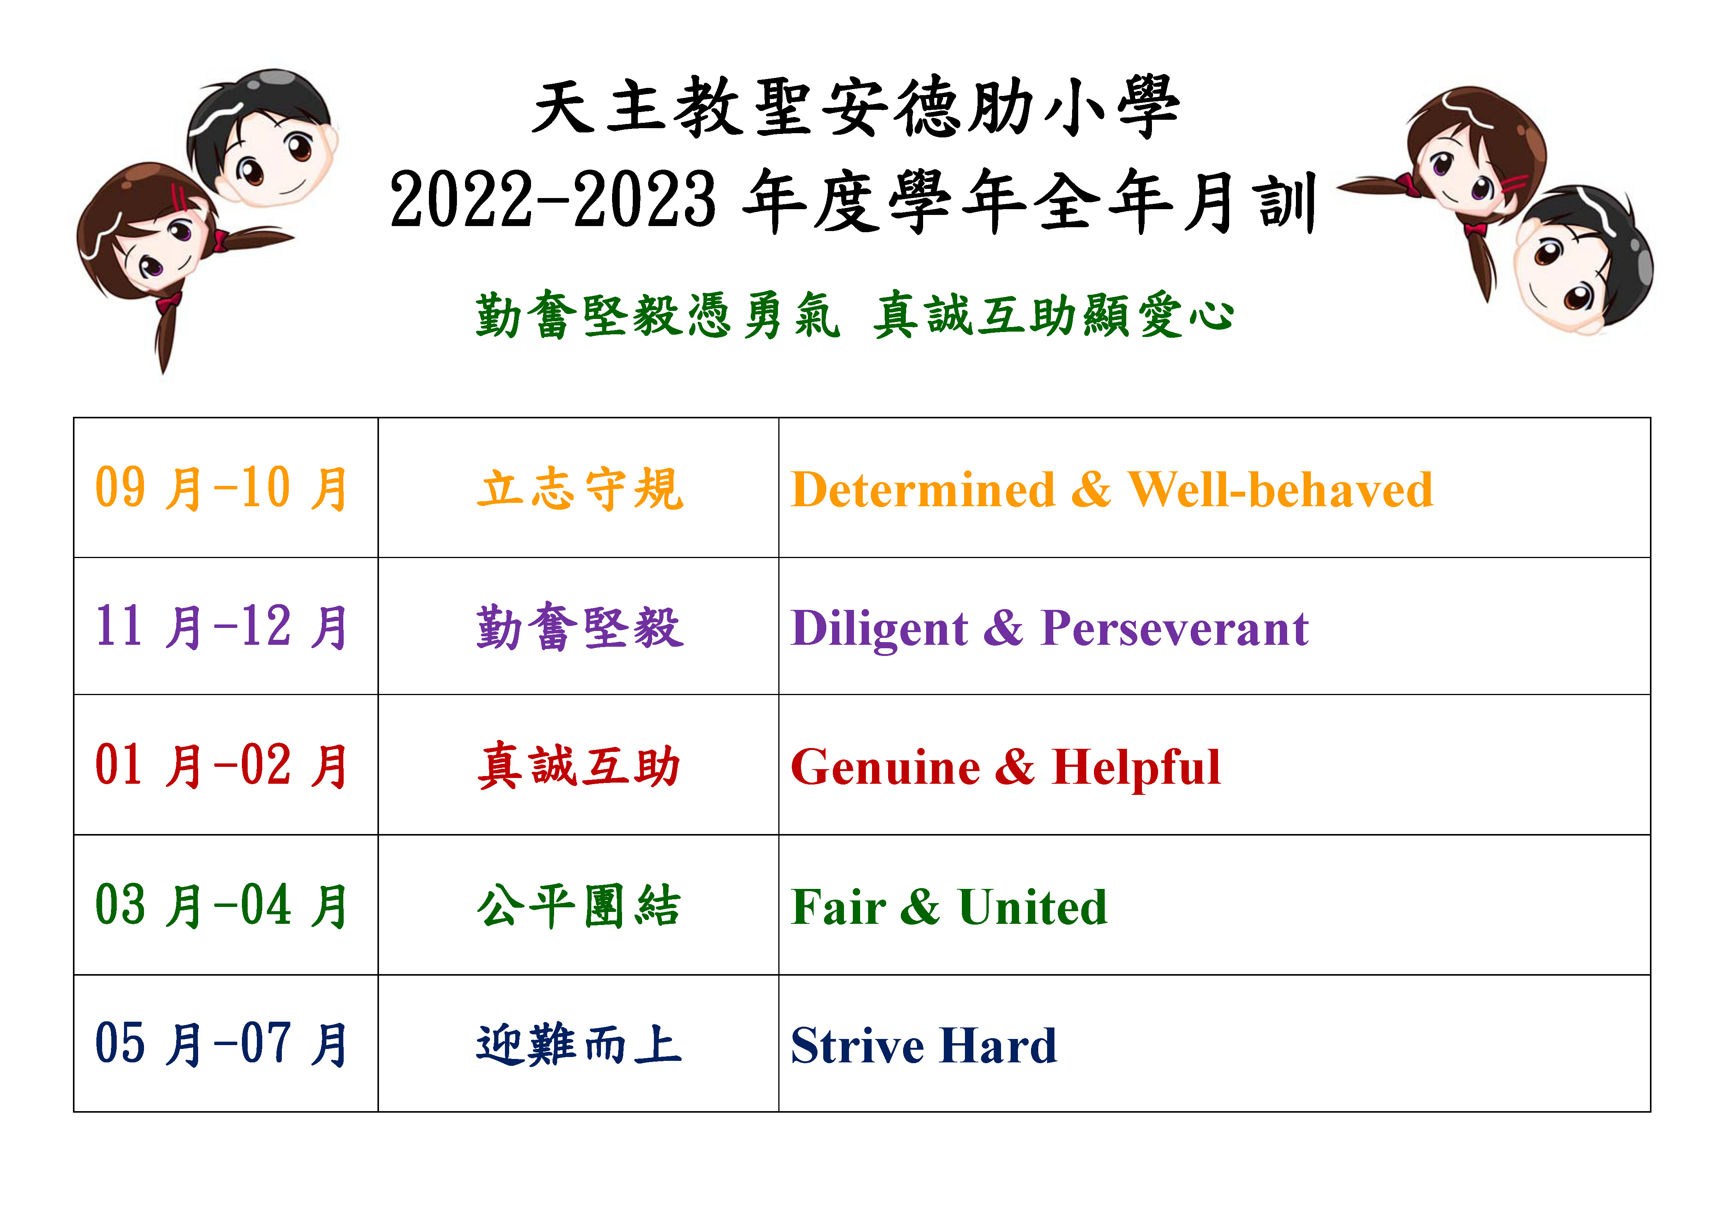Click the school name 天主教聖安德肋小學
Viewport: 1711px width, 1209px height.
click(x=855, y=108)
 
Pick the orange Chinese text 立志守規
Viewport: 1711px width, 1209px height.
click(x=580, y=489)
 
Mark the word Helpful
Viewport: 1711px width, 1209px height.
click(x=1136, y=767)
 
